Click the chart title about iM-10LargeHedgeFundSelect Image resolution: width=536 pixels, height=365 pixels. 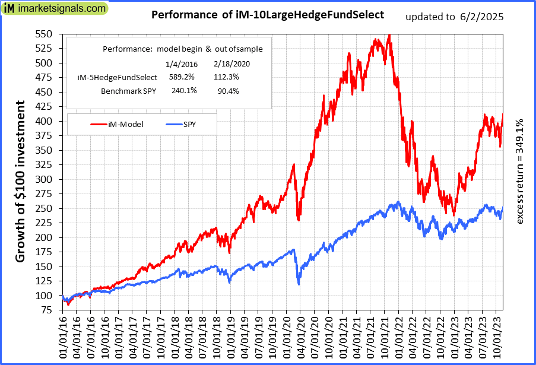[x=268, y=14]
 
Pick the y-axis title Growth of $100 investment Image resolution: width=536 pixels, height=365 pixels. [x=20, y=182]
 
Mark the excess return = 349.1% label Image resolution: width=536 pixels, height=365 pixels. [x=520, y=171]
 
